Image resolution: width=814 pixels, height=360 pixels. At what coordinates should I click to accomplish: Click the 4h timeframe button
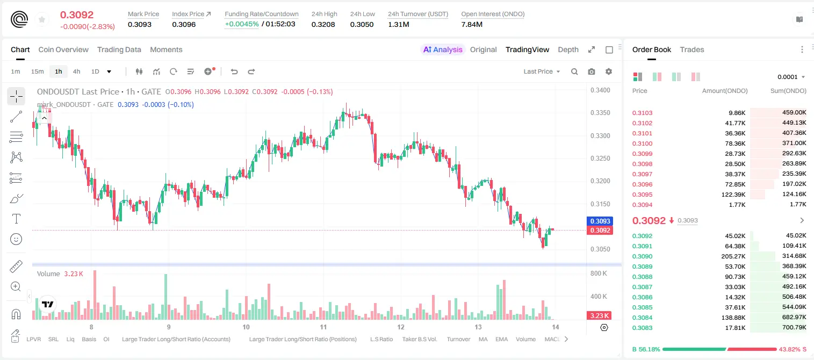tap(76, 71)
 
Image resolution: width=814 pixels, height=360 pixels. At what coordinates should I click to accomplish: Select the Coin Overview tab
tap(63, 49)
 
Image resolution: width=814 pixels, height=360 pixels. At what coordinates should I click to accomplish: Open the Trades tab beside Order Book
tap(691, 49)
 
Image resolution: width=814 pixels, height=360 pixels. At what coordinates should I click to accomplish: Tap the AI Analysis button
tap(443, 49)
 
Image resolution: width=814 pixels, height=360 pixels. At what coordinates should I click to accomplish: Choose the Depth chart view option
tap(568, 49)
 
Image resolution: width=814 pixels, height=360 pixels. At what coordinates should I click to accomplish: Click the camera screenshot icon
tap(591, 71)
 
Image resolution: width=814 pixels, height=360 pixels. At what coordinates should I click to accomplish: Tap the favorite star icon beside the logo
tap(42, 19)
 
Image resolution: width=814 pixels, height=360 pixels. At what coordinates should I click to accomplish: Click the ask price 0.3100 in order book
tap(642, 143)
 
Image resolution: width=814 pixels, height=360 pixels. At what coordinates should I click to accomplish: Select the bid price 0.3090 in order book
tap(642, 256)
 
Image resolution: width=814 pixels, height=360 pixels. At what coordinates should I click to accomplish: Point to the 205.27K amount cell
tap(733, 256)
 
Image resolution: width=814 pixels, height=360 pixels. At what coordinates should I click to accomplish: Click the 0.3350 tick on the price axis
tap(600, 113)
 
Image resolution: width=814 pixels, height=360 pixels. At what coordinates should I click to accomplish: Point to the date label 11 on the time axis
tap(323, 327)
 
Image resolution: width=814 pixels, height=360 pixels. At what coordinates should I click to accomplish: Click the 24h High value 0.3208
tap(323, 24)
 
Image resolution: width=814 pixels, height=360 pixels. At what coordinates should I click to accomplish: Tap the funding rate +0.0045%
tap(242, 24)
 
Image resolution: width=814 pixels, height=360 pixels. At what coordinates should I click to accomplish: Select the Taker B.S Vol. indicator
tap(419, 339)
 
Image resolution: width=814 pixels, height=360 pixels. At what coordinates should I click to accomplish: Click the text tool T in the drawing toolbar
tap(16, 219)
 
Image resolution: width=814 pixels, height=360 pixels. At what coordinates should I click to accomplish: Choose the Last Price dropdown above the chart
tap(542, 71)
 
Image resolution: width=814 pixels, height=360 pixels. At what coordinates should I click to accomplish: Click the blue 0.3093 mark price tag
tap(600, 221)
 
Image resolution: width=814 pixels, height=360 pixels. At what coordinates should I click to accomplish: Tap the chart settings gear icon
tap(609, 71)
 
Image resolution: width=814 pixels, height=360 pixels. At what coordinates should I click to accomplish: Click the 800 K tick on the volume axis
tap(599, 273)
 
